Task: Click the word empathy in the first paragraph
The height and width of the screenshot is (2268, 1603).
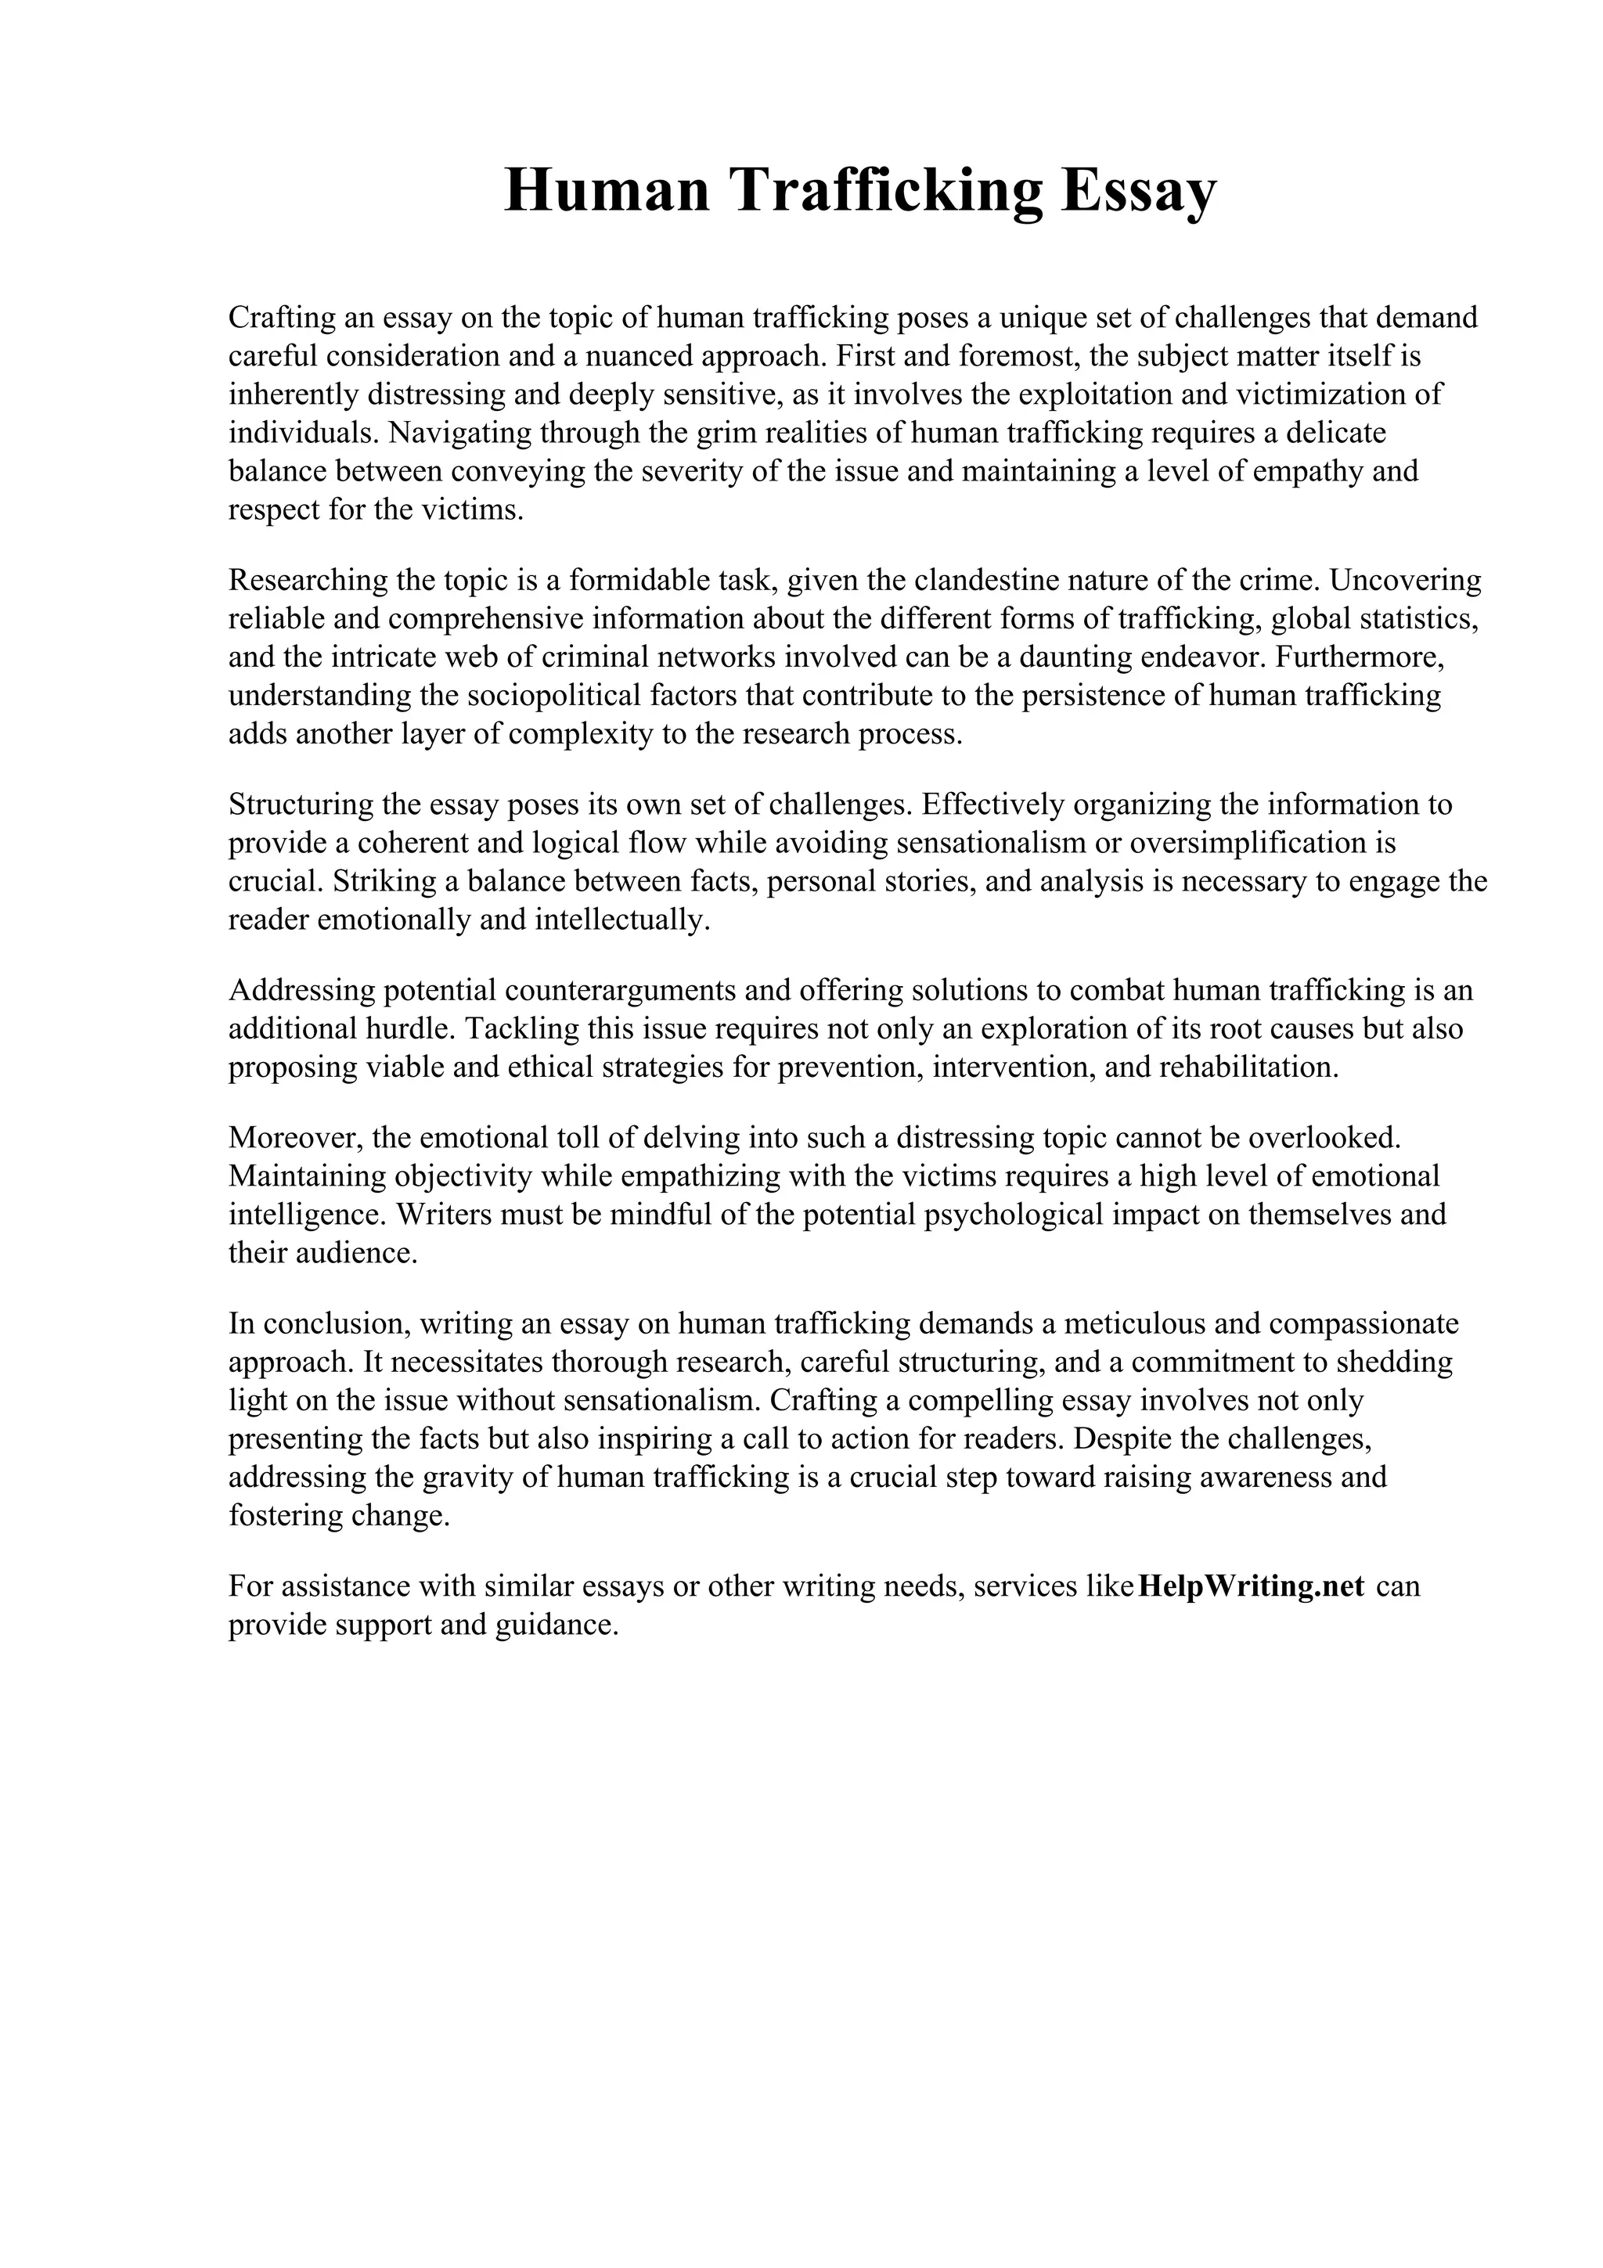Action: [x=1309, y=471]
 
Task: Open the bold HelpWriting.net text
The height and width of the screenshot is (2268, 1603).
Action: [x=1252, y=1586]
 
